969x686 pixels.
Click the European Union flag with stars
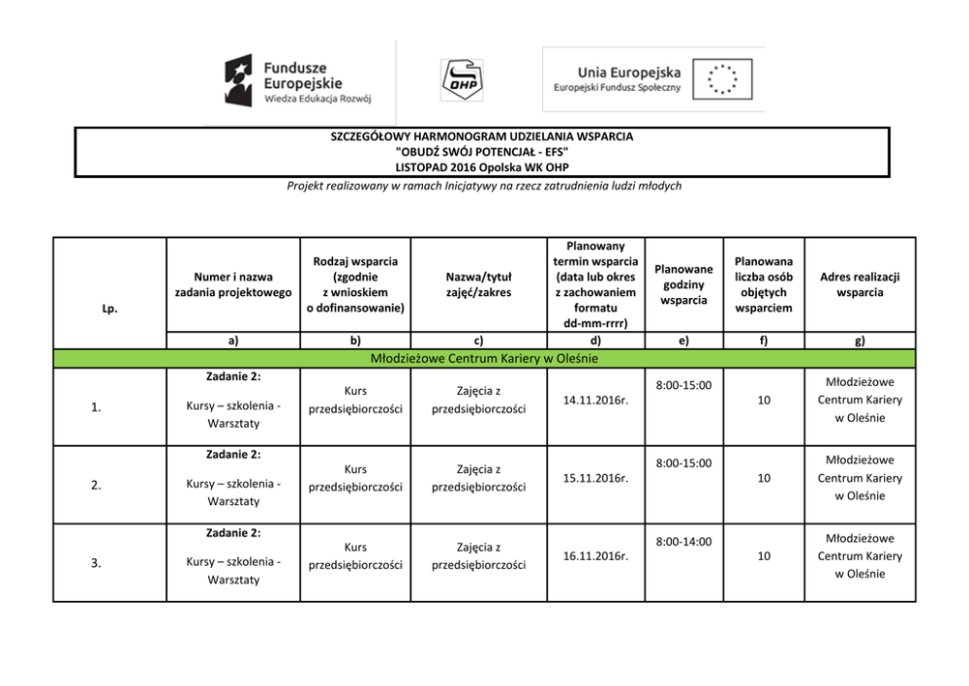[x=723, y=78]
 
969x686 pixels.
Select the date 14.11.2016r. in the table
[x=595, y=400]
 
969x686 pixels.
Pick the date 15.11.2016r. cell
[x=595, y=478]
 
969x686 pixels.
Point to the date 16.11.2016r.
[x=595, y=556]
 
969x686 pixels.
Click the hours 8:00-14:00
[x=684, y=541]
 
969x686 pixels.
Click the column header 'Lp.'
[x=109, y=308]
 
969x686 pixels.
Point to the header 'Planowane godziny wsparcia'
[x=684, y=284]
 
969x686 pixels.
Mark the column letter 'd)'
[x=595, y=340]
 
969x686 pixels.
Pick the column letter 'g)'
[x=860, y=341]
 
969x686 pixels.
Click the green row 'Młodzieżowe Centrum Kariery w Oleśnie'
[x=484, y=359]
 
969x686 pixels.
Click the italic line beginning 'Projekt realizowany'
[x=484, y=187]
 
